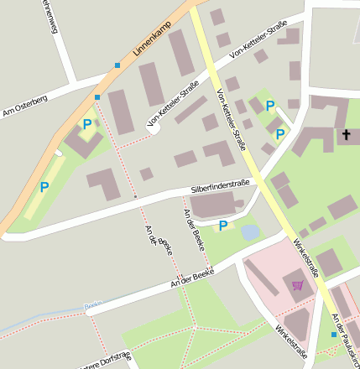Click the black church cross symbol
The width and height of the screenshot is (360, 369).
click(346, 134)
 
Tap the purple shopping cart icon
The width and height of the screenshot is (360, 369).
click(297, 285)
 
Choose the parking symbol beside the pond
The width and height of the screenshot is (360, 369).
click(223, 226)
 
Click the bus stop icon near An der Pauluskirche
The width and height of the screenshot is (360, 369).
click(333, 335)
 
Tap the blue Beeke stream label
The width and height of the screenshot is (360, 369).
click(93, 305)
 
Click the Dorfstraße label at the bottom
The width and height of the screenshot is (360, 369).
click(105, 361)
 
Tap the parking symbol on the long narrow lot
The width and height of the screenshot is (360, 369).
click(44, 188)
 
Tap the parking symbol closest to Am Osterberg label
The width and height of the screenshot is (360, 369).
click(86, 124)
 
